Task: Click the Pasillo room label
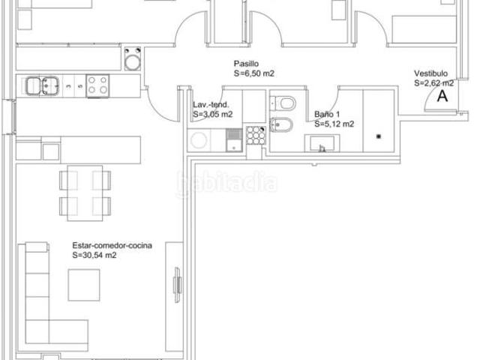click(x=246, y=64)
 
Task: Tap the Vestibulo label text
click(x=430, y=73)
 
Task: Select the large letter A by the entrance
click(x=442, y=96)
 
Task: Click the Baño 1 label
click(x=327, y=115)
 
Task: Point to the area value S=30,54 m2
click(x=94, y=255)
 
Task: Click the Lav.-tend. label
click(x=211, y=105)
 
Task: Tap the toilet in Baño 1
click(x=283, y=103)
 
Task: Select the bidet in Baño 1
click(x=282, y=125)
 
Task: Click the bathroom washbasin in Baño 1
click(x=322, y=143)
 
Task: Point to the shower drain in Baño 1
click(x=378, y=136)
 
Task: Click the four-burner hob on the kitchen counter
click(x=97, y=86)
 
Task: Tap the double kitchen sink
click(x=42, y=86)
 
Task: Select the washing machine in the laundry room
click(x=199, y=140)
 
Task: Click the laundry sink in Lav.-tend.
click(x=234, y=140)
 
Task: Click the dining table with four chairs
click(x=85, y=193)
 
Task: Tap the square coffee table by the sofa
click(x=84, y=285)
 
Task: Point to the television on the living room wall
click(x=177, y=285)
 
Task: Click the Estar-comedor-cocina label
click(x=112, y=245)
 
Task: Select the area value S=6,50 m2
click(x=254, y=73)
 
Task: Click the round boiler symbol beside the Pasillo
click(x=133, y=59)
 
